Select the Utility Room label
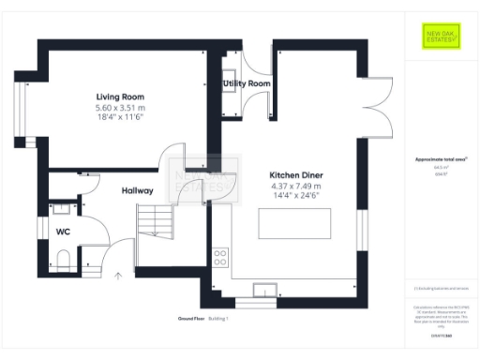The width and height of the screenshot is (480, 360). tap(247, 83)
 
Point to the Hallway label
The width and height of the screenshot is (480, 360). tap(138, 190)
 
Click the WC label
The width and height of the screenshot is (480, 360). tap(64, 231)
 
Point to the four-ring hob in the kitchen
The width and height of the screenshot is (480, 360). tap(221, 255)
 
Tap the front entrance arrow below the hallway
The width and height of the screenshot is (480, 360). tap(118, 276)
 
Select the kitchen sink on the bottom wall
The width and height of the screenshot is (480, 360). tap(265, 293)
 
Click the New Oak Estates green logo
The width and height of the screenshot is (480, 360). tap(434, 37)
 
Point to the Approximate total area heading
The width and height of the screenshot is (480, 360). tap(434, 161)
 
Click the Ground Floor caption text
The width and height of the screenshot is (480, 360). tap(191, 320)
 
